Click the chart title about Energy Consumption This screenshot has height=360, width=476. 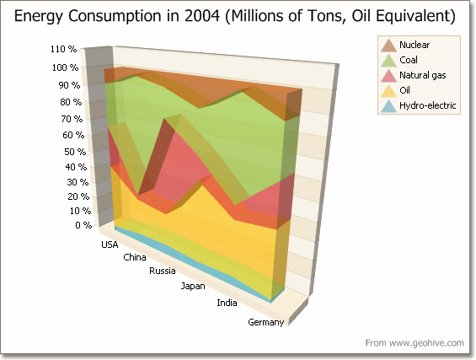click(x=235, y=16)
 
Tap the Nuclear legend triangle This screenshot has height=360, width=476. click(x=388, y=46)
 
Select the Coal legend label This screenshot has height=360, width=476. click(x=409, y=60)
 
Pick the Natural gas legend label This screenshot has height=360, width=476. click(x=423, y=75)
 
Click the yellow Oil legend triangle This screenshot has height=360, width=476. click(x=388, y=91)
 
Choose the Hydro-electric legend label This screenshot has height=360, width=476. click(x=427, y=105)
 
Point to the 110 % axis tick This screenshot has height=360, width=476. click(x=63, y=49)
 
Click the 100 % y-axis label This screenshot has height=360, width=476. click(x=65, y=67)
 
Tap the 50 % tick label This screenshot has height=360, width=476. click(x=75, y=152)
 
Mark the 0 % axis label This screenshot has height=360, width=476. click(x=83, y=225)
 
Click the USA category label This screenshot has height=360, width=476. click(x=110, y=244)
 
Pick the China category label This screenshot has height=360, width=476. click(x=135, y=258)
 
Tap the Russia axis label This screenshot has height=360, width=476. click(x=162, y=271)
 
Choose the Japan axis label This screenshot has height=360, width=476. click(x=193, y=286)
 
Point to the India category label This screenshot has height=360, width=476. click(x=227, y=303)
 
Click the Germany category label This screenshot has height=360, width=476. click(x=266, y=322)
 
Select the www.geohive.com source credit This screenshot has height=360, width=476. click(x=414, y=343)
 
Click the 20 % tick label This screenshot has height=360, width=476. click(x=78, y=196)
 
